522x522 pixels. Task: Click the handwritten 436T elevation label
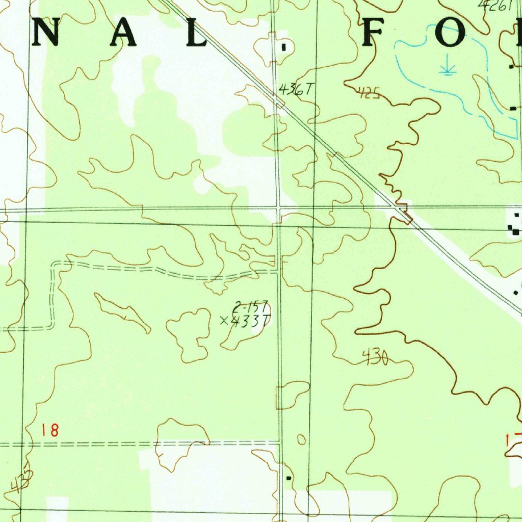pyautogui.click(x=295, y=90)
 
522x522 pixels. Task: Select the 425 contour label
pyautogui.click(x=369, y=93)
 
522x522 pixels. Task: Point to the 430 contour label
pyautogui.click(x=375, y=358)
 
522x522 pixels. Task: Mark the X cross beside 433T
pyautogui.click(x=224, y=321)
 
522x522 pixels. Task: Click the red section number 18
pyautogui.click(x=50, y=430)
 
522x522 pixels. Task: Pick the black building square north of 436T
pyautogui.click(x=284, y=47)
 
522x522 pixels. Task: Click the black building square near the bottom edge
pyautogui.click(x=289, y=478)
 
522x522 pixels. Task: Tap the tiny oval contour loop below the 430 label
pyautogui.click(x=301, y=439)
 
